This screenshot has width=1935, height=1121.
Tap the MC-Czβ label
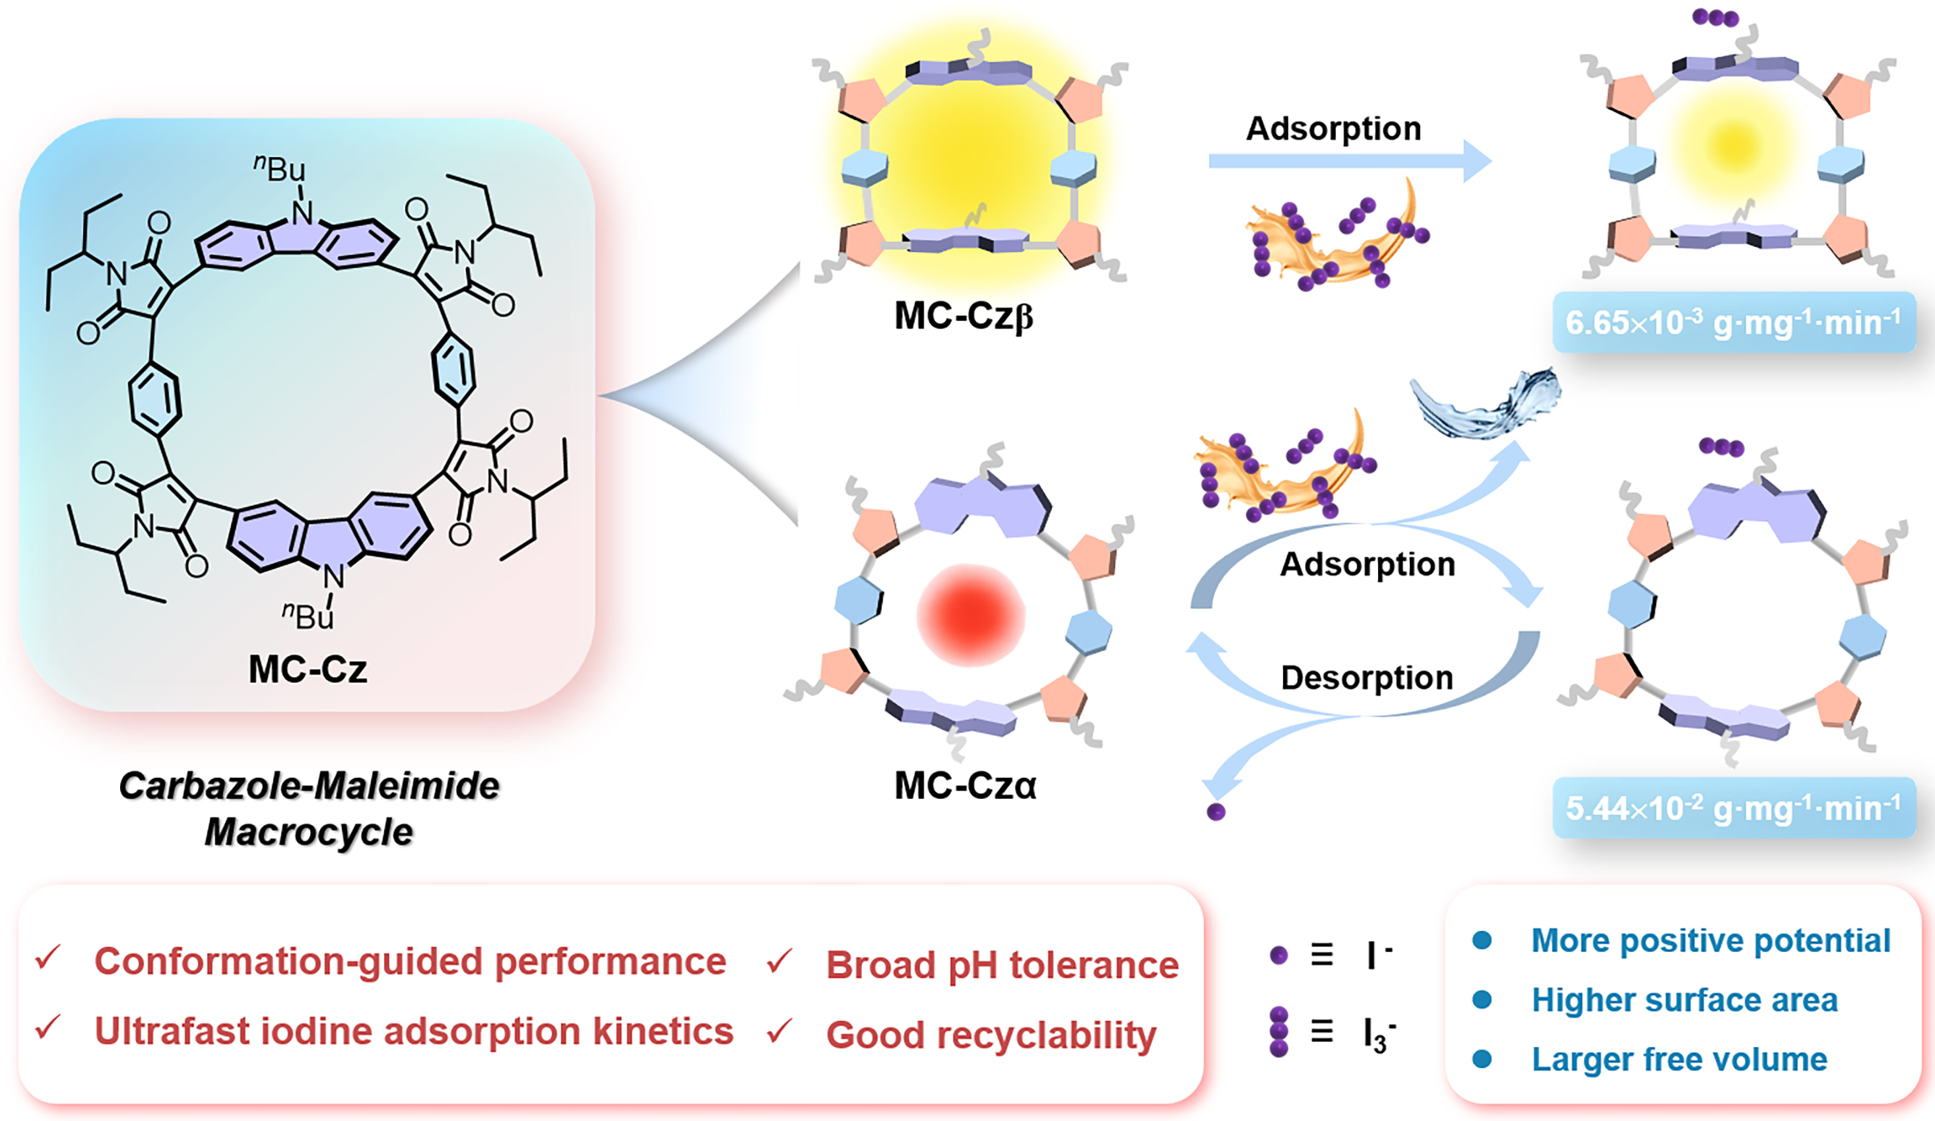tap(964, 316)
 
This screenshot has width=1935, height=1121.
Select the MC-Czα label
tap(966, 785)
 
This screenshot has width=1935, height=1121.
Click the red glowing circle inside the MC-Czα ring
tap(971, 615)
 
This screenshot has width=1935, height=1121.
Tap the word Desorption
tap(1367, 677)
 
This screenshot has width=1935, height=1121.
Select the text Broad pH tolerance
tap(1002, 965)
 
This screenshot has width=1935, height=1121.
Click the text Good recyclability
tap(991, 1035)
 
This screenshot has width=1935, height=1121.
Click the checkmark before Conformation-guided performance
tap(48, 957)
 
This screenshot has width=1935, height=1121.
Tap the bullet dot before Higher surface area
tap(1482, 1000)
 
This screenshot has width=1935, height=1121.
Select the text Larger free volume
tap(1680, 1060)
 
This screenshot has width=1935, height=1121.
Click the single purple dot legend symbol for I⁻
tap(1278, 955)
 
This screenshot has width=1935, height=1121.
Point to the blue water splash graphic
tap(1486, 403)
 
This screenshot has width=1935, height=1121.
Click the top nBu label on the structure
tap(280, 168)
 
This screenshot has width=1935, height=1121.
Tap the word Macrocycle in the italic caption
tap(309, 832)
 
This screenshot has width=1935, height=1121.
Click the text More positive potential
tap(1711, 941)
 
